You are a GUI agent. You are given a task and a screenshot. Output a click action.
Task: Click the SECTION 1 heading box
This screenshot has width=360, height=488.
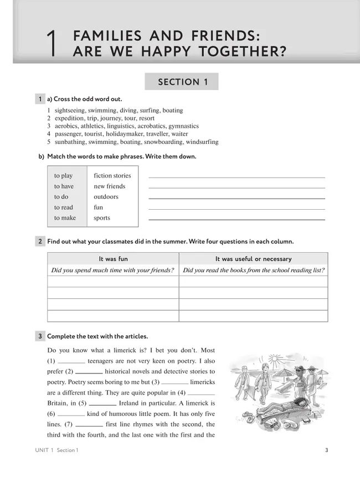(182, 82)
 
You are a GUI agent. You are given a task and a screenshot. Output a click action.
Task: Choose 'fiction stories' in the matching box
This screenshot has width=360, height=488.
(112, 175)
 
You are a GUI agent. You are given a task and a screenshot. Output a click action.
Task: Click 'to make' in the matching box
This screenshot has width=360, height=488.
(65, 218)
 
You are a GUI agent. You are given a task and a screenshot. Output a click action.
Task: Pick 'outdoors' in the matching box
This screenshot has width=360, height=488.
(106, 196)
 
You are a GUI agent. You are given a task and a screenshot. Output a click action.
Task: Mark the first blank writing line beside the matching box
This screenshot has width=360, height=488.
(236, 177)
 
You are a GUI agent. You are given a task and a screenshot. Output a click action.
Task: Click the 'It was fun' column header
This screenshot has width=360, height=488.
(113, 258)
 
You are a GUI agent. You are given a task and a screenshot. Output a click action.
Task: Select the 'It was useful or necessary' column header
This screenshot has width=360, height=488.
(253, 258)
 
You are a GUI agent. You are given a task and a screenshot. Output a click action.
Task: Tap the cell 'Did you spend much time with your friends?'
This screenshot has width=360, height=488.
(112, 270)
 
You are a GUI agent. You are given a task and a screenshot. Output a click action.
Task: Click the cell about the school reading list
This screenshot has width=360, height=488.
(253, 270)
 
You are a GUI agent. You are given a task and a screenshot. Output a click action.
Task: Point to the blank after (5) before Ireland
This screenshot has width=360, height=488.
(102, 404)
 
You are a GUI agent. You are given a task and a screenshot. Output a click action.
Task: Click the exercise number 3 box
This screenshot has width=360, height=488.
(40, 336)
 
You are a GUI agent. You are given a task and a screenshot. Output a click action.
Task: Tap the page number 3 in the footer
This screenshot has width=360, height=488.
(326, 450)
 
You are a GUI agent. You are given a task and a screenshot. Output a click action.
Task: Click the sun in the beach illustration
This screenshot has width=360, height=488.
(274, 358)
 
